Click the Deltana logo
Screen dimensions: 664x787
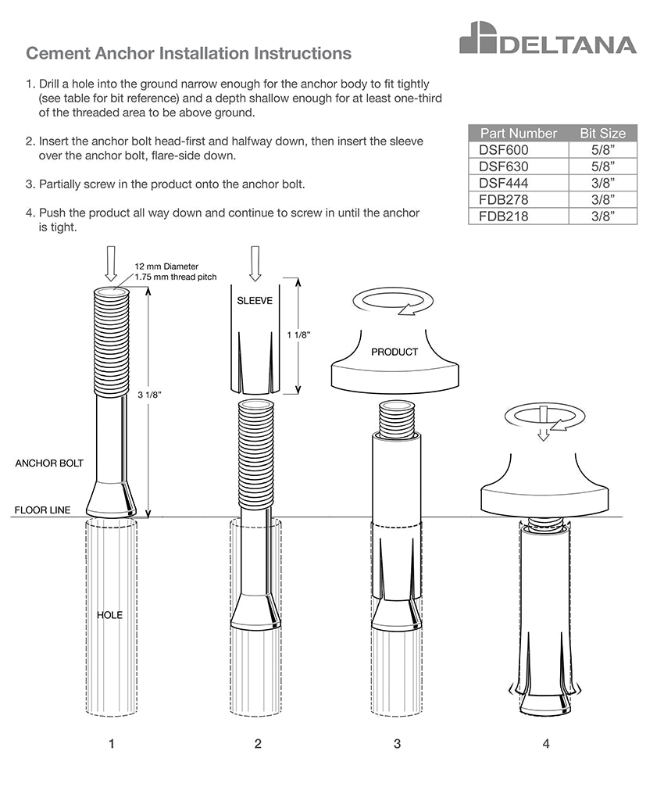pyautogui.click(x=548, y=38)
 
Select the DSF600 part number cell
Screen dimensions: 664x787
pyautogui.click(x=519, y=149)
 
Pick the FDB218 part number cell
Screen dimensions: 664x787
pyautogui.click(x=519, y=216)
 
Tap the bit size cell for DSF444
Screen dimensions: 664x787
pyautogui.click(x=603, y=183)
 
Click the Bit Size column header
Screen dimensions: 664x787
pyautogui.click(x=603, y=133)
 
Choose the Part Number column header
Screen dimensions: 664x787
pyautogui.click(x=519, y=133)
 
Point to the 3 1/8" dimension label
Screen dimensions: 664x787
pyautogui.click(x=149, y=395)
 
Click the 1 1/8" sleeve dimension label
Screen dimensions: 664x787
pyautogui.click(x=299, y=334)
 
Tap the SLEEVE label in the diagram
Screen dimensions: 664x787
pyautogui.click(x=255, y=301)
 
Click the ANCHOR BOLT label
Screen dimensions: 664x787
pyautogui.click(x=49, y=463)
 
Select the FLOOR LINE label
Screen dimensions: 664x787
pyautogui.click(x=43, y=510)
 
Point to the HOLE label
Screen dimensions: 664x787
pyautogui.click(x=110, y=615)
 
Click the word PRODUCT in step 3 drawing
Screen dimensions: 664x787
pyautogui.click(x=394, y=352)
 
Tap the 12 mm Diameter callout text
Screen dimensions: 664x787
pyautogui.click(x=166, y=267)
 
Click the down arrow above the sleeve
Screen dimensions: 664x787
pyautogui.click(x=255, y=263)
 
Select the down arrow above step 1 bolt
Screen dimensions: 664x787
pyautogui.click(x=112, y=263)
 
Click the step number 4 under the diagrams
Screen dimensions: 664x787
pyautogui.click(x=546, y=743)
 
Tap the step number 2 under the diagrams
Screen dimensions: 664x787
pyautogui.click(x=258, y=743)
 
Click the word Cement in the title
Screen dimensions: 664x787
pyautogui.click(x=58, y=53)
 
